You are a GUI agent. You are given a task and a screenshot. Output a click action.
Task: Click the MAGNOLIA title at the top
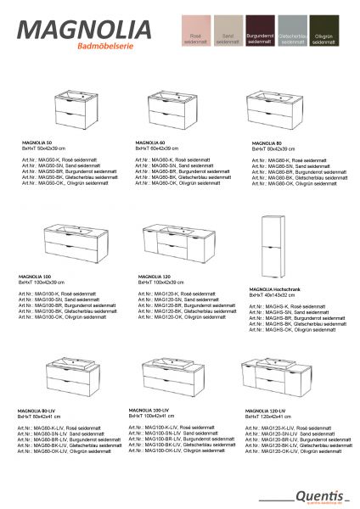[x=86, y=28]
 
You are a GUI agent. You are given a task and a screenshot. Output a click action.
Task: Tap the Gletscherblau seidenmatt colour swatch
[x=291, y=36]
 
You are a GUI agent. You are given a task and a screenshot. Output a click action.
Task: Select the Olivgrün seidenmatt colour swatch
[x=324, y=36]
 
